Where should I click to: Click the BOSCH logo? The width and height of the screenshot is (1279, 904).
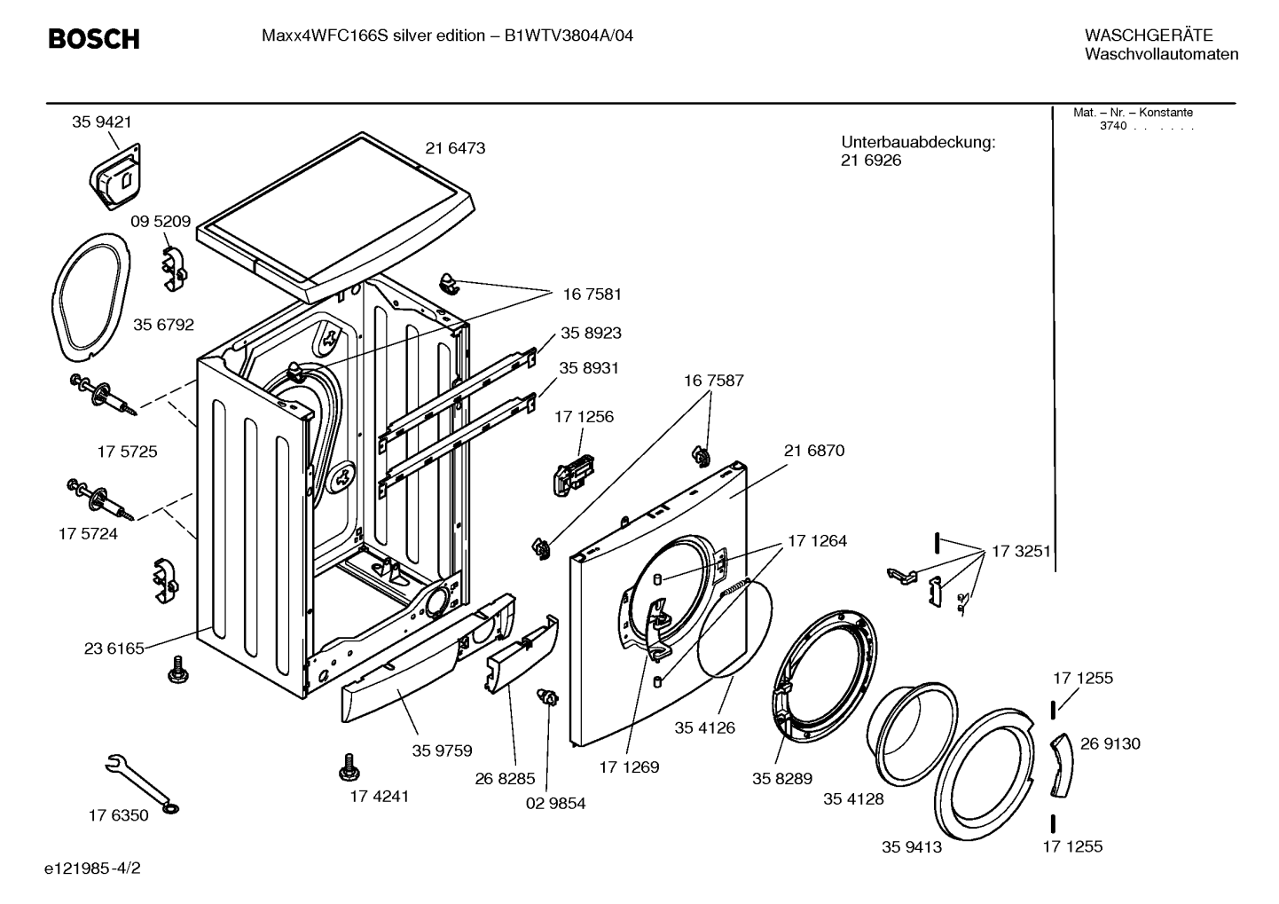[x=94, y=39]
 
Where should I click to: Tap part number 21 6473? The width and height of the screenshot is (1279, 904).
[x=455, y=148]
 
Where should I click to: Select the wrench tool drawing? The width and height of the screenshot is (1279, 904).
[x=142, y=783]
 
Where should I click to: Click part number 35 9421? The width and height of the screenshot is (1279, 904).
[x=102, y=122]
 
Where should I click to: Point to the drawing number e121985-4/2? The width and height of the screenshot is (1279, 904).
[x=92, y=869]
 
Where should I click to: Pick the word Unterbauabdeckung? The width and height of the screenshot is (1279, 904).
[x=918, y=142]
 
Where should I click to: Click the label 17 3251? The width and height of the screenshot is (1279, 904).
[x=1021, y=552]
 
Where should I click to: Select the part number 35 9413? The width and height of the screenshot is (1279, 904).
[x=912, y=847]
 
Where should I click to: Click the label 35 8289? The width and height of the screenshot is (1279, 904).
[x=782, y=779]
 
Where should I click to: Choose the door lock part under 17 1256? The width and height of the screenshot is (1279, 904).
[x=573, y=474]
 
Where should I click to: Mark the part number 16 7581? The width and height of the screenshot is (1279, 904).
[x=592, y=295]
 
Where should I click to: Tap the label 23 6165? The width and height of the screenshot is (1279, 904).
[x=114, y=649]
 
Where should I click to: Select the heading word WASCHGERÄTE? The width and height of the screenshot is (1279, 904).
[x=1149, y=35]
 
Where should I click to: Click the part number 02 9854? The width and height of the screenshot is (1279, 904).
[x=555, y=804]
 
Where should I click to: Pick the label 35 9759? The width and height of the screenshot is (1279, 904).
[x=442, y=751]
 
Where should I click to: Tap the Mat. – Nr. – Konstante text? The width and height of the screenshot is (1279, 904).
[x=1133, y=113]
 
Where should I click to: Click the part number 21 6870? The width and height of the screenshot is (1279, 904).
[x=813, y=452]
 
